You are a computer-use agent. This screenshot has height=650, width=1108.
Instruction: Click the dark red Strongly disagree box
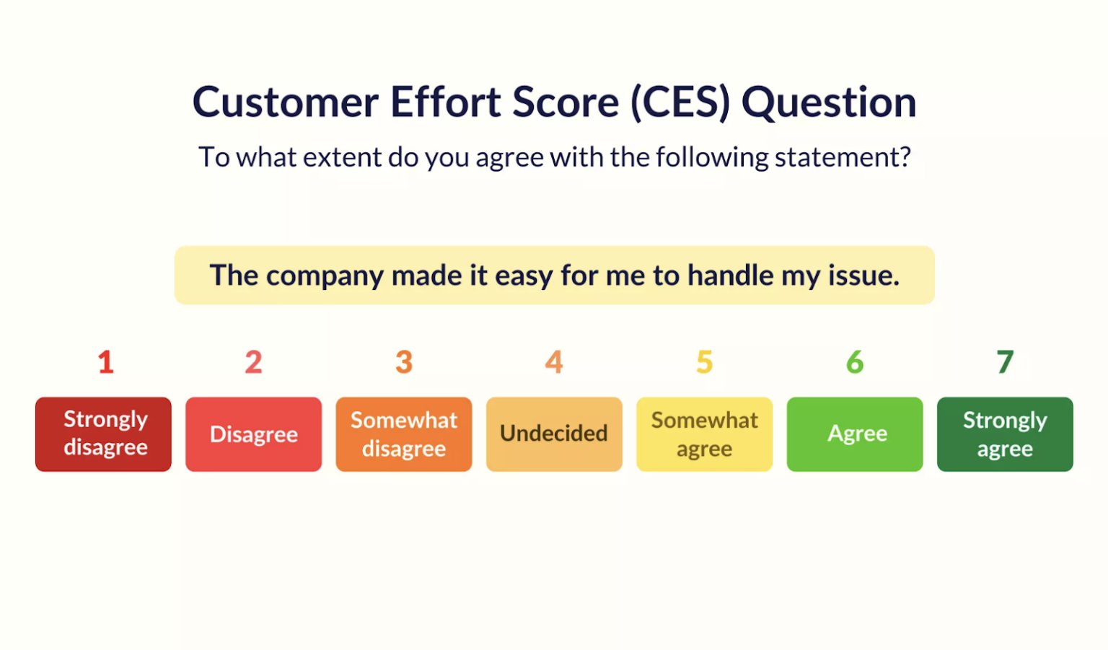coord(103,434)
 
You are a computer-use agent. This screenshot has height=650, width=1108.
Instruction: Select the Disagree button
coord(253,434)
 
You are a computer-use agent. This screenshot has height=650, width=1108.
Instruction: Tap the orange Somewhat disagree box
coord(403,434)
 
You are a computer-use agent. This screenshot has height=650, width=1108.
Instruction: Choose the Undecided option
coord(554,434)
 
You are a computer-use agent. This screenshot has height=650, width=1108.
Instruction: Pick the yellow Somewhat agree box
coord(704,434)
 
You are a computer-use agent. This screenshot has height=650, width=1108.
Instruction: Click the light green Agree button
coord(855,434)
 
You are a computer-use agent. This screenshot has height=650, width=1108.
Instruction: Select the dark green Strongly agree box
coord(1005,434)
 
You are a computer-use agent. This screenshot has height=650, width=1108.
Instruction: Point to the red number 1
coord(106,362)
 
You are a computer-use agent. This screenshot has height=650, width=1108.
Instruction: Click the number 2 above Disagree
coord(253,362)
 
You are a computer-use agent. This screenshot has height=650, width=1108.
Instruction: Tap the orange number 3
coord(404,362)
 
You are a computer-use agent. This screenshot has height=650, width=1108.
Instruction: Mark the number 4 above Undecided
coord(554,362)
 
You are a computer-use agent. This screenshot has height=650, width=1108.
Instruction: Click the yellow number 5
coord(705,362)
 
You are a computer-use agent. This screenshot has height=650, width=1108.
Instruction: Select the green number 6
coord(855,362)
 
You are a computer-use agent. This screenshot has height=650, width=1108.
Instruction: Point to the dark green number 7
coord(1006,362)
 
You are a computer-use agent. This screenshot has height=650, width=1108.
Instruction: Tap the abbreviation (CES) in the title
coord(680,102)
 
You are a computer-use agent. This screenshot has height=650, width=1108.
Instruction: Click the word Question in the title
coord(829,102)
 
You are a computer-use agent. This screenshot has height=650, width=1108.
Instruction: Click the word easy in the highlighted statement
coord(524,276)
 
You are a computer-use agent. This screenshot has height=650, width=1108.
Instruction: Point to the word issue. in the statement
coord(863,276)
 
